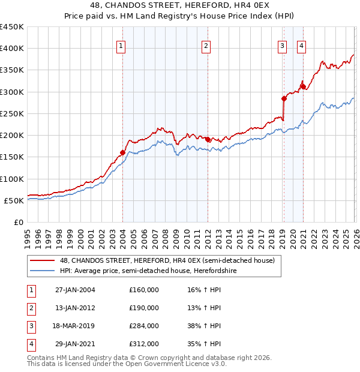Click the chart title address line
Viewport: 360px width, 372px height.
tap(179, 7)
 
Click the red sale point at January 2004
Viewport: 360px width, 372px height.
tap(122, 152)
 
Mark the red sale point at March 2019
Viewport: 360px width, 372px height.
tap(283, 98)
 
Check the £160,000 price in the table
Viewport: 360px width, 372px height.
tap(144, 290)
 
